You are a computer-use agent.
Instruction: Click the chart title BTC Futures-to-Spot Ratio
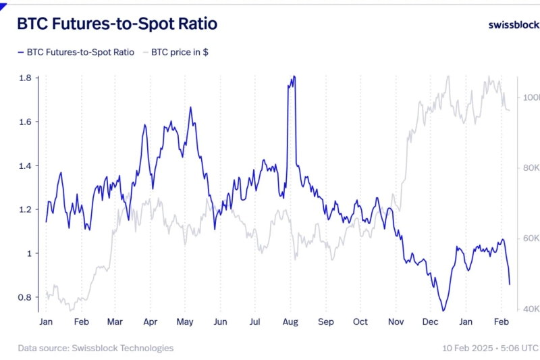[x=117, y=24]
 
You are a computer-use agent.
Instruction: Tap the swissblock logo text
[x=513, y=25]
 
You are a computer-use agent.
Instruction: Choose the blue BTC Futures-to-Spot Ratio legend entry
[x=75, y=52]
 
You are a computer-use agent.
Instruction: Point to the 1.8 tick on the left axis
[x=25, y=78]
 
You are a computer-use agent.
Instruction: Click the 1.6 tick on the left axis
[x=25, y=122]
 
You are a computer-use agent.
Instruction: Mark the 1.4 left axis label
[x=25, y=166]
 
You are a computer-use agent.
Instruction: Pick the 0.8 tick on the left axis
[x=25, y=298]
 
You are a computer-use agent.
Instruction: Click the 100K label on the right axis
[x=531, y=97]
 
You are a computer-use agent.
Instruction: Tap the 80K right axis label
[x=531, y=168]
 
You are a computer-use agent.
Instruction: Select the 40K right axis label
[x=531, y=309]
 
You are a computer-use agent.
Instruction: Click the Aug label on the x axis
[x=291, y=322]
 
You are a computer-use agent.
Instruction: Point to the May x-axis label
[x=185, y=322]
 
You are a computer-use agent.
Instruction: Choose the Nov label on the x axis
[x=396, y=322]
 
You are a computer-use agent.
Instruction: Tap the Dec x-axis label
[x=431, y=322]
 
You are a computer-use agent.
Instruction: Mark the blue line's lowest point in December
[x=443, y=311]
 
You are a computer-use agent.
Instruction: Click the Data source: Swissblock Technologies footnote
[x=96, y=348]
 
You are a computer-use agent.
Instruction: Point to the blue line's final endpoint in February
[x=510, y=284]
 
